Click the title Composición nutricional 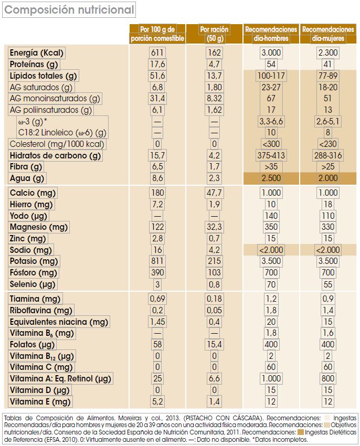pyautogui.click(x=69, y=9)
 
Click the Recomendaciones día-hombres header pyautogui.click(x=271, y=34)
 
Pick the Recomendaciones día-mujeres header pyautogui.click(x=329, y=34)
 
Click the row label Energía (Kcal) pyautogui.click(x=40, y=52)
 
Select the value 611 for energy pyautogui.click(x=157, y=52)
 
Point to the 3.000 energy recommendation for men pyautogui.click(x=271, y=52)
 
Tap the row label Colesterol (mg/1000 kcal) pyautogui.click(x=58, y=144)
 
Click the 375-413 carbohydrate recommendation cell pyautogui.click(x=271, y=156)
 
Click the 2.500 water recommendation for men pyautogui.click(x=271, y=178)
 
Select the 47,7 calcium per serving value pyautogui.click(x=214, y=193)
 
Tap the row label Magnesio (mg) pyautogui.click(x=39, y=227)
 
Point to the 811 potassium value pyautogui.click(x=157, y=261)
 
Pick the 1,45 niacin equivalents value pyautogui.click(x=157, y=322)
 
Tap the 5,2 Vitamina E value pyautogui.click(x=157, y=402)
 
